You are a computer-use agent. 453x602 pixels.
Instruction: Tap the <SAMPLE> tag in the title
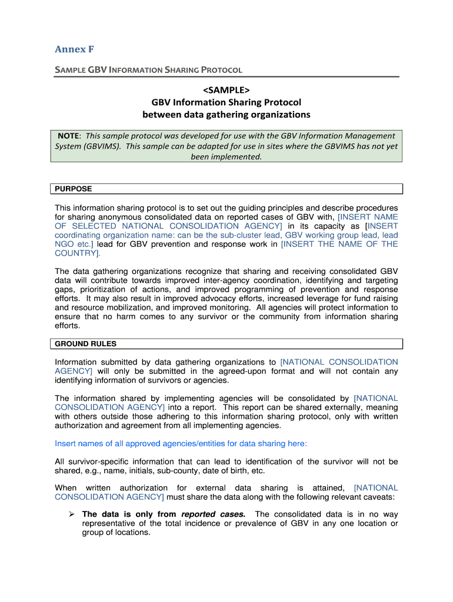(226, 89)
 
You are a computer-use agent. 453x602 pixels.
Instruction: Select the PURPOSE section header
(73, 189)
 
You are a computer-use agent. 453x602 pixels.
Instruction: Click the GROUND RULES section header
(85, 344)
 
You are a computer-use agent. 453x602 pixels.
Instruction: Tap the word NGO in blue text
(64, 244)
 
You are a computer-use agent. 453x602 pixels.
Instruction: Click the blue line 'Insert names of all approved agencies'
(181, 443)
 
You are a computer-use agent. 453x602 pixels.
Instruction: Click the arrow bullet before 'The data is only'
(71, 514)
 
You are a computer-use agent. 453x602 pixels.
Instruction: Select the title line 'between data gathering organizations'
(226, 115)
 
